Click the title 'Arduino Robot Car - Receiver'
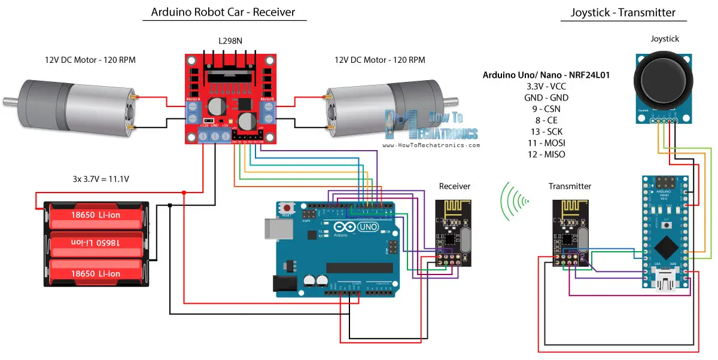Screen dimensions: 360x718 tap(223, 12)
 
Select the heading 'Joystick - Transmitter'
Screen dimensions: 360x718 tap(623, 12)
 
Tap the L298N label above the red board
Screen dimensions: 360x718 tap(231, 40)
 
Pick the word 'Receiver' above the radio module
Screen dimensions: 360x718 tap(454, 186)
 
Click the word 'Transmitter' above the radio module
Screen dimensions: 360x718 tap(570, 186)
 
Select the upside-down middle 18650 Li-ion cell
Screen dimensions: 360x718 tap(96, 243)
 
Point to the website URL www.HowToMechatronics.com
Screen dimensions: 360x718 tap(431, 145)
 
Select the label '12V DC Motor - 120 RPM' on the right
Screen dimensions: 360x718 tap(380, 60)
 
